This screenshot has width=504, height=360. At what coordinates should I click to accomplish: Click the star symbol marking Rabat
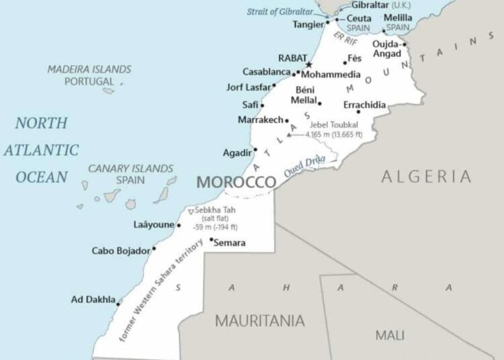click(x=309, y=64)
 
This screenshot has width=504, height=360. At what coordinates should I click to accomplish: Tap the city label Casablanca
click(x=267, y=72)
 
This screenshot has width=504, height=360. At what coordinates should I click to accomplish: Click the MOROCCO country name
click(x=235, y=182)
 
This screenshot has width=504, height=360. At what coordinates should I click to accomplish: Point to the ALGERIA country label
click(x=426, y=177)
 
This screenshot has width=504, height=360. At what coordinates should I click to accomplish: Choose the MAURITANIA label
click(x=259, y=320)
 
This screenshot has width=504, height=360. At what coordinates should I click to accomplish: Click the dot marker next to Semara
click(x=212, y=239)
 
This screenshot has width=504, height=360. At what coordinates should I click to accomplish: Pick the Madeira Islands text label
click(x=89, y=69)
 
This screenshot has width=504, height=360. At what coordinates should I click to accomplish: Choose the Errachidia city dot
click(x=358, y=111)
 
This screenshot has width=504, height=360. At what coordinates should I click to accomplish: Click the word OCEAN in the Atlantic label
click(x=42, y=177)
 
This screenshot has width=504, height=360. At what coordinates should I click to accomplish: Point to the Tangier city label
click(x=308, y=24)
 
